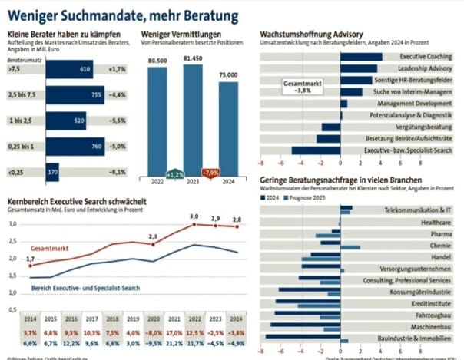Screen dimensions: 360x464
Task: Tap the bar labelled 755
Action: click(x=76, y=94)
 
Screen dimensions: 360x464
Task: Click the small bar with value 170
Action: click(x=52, y=172)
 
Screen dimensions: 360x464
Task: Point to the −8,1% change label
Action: click(x=117, y=172)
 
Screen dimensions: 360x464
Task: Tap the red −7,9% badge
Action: click(x=210, y=172)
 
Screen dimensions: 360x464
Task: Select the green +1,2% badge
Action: click(x=175, y=173)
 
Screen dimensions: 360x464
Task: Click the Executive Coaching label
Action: click(x=425, y=57)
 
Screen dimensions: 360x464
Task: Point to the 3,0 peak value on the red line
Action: click(x=194, y=216)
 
